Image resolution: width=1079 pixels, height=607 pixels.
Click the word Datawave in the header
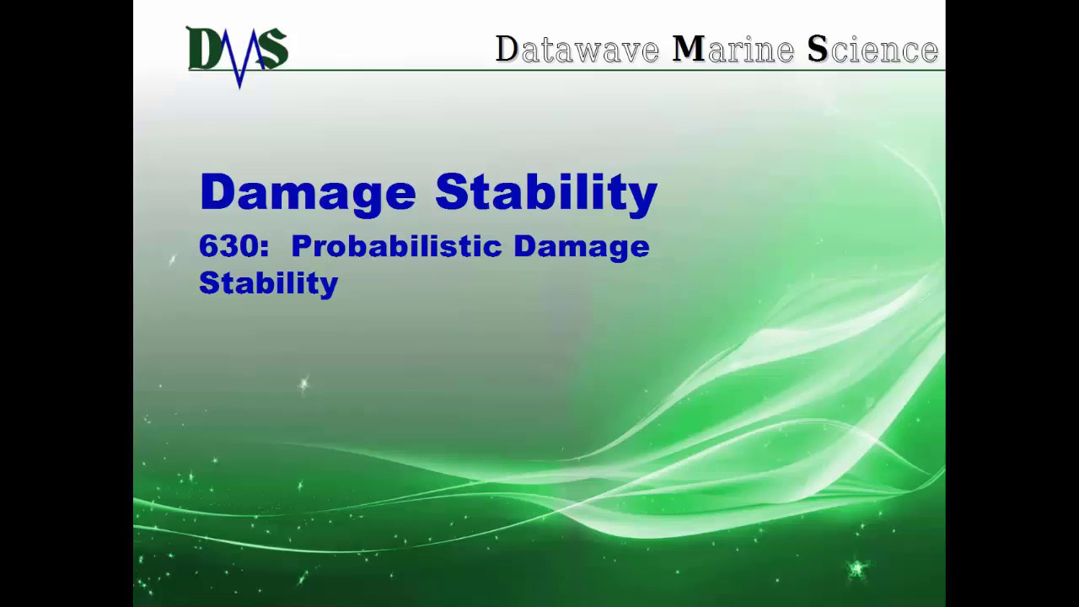577,50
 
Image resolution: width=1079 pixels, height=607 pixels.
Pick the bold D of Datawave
507,50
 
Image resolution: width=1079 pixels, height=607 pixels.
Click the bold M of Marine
688,50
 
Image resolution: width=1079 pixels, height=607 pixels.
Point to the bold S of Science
817,50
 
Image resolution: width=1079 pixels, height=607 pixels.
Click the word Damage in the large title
308,194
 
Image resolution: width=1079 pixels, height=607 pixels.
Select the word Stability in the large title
546,194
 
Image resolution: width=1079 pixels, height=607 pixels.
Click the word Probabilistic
395,246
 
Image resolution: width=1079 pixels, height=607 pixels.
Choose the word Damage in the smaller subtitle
581,248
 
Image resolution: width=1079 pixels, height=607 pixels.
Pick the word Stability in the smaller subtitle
268,283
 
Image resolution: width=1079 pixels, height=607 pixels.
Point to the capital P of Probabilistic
300,246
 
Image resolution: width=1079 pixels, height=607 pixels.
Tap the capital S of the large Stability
450,192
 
